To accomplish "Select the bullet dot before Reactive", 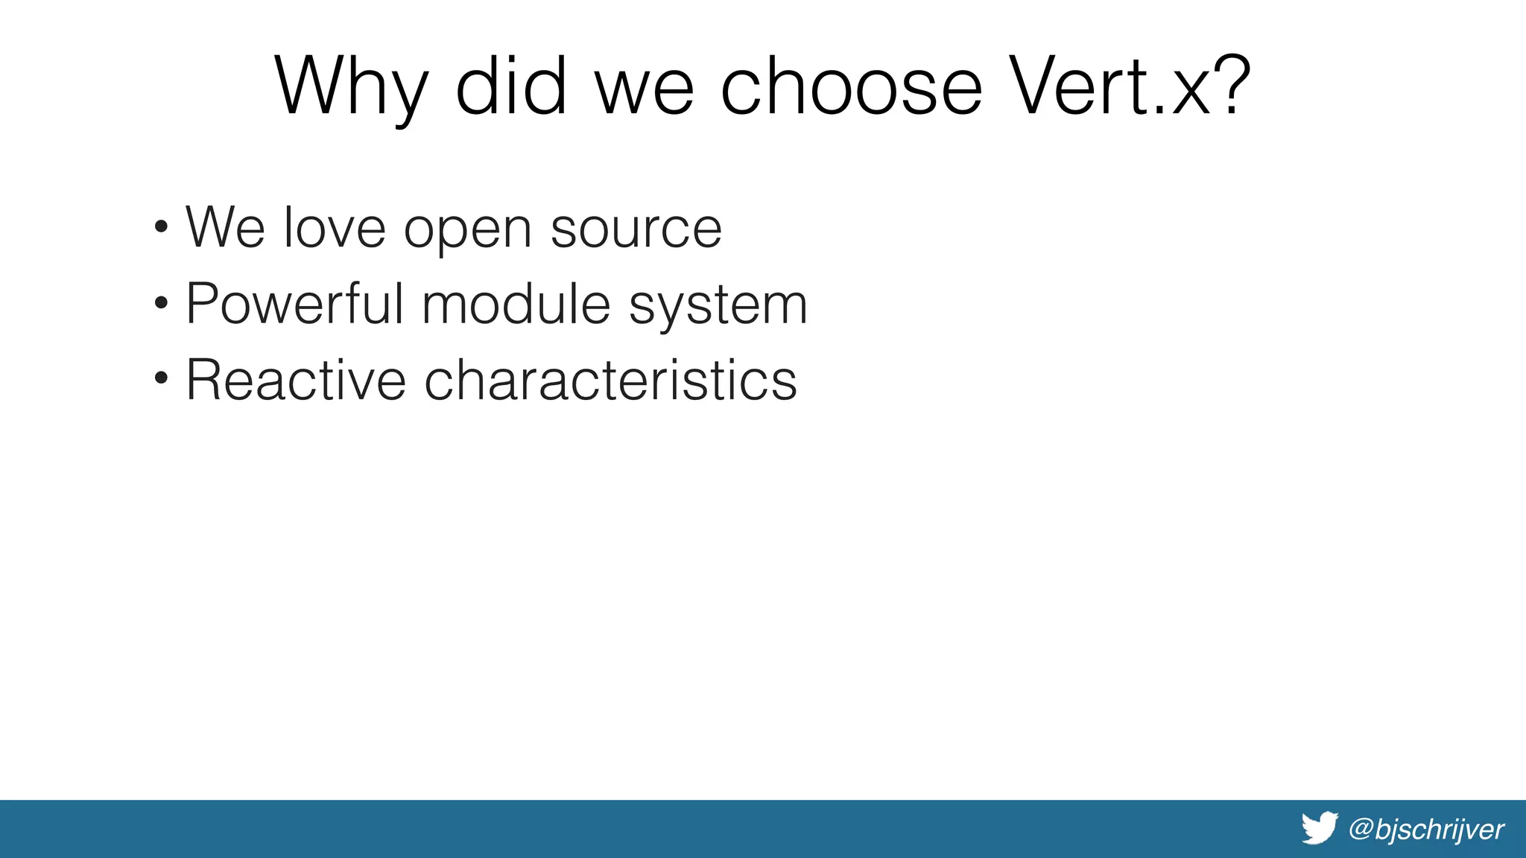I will (161, 380).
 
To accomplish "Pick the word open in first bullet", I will (467, 231).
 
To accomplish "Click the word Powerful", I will (294, 304).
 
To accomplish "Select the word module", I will (516, 304).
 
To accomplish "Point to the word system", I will (718, 307).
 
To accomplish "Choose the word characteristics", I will (610, 380).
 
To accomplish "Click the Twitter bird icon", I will (1319, 828).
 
